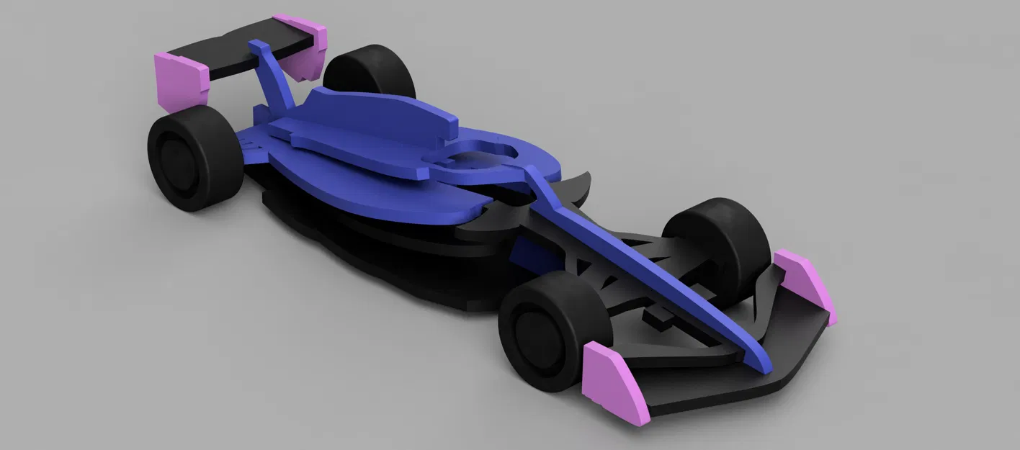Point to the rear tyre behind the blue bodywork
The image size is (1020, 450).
[371, 71]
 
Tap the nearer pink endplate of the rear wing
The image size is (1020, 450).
[181, 79]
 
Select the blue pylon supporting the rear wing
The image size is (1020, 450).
[274, 79]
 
